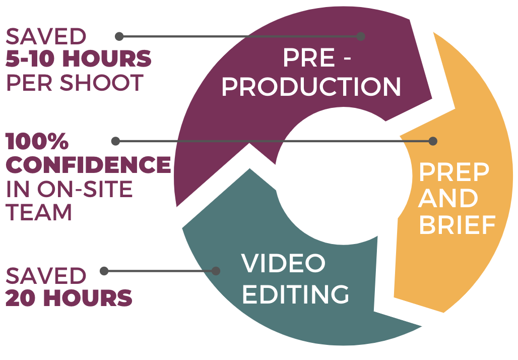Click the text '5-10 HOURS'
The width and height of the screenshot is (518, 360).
79,59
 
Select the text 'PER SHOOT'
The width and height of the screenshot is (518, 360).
75,83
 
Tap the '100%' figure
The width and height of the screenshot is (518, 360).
37,142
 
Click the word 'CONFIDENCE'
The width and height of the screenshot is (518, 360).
88,165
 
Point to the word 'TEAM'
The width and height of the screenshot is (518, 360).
39,212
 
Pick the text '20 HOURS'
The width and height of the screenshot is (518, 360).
69,298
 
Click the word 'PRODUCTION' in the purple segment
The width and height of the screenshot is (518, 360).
311,87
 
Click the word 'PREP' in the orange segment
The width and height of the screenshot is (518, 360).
454,173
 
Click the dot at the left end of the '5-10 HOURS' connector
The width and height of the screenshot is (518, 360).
119,36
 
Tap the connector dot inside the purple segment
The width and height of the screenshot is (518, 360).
360,36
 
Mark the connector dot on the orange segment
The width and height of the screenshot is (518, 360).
433,141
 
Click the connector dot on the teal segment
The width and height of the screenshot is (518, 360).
216,271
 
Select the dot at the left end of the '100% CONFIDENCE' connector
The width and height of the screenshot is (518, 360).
115,141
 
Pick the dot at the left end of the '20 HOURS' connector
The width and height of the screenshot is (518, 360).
104,271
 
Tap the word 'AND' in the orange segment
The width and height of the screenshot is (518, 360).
448,199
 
